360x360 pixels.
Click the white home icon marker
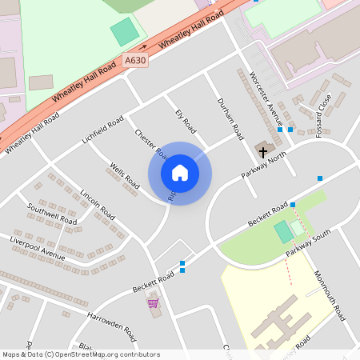180,173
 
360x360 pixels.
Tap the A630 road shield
135,59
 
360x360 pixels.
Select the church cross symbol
262,150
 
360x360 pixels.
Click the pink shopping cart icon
152,302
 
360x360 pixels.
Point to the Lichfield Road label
102,130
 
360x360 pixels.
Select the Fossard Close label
323,115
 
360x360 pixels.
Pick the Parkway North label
263,166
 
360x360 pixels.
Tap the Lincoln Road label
98,205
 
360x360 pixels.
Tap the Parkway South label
308,246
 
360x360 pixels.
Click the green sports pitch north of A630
124,32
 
